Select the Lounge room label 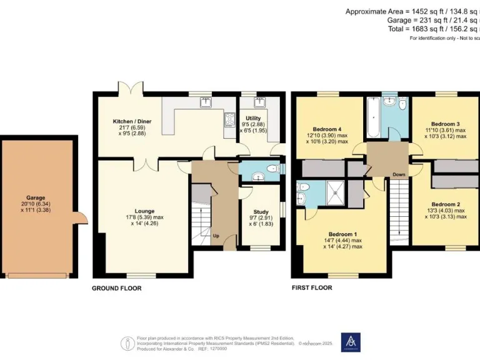coord(144,211)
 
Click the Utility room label coord(253,117)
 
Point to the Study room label coord(261,211)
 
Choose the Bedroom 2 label coord(446,204)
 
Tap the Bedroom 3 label coord(446,124)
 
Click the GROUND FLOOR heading coord(117,288)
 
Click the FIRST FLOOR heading coord(312,288)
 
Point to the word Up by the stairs coord(216,236)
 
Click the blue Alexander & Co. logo coord(351,342)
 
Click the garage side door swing coord(80,219)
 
